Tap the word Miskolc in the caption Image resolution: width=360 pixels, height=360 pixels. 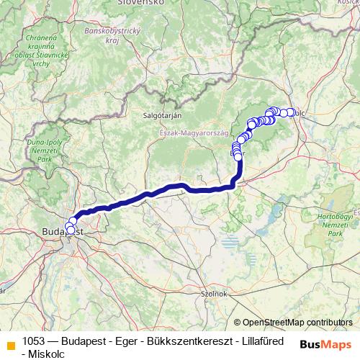44,354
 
